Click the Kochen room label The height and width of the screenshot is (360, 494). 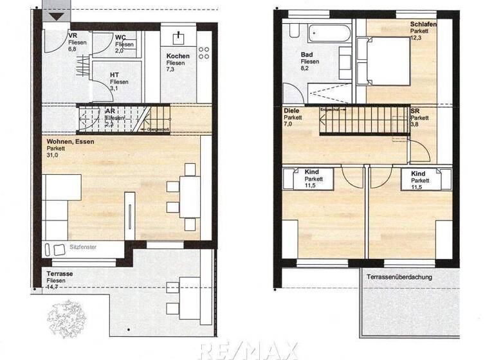pyautogui.click(x=177, y=63)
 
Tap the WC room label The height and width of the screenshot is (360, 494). pyautogui.click(x=124, y=44)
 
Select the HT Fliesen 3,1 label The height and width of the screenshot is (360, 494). pyautogui.click(x=118, y=82)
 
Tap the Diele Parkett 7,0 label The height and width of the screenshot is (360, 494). pyautogui.click(x=293, y=118)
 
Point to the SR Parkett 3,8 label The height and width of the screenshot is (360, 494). pyautogui.click(x=419, y=118)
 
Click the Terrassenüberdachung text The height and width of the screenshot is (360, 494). pyautogui.click(x=399, y=277)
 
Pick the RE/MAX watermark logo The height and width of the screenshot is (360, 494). pyautogui.click(x=248, y=350)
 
